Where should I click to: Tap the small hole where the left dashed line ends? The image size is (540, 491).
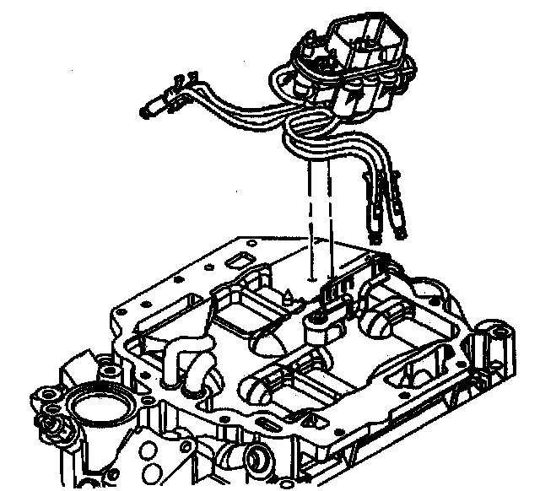(x=311, y=277)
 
